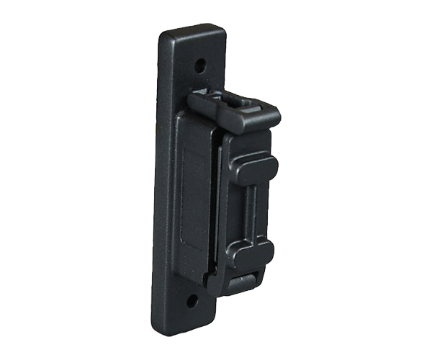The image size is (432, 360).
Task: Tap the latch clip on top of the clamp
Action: point(234,109)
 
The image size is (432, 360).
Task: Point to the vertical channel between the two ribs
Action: point(252,210)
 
